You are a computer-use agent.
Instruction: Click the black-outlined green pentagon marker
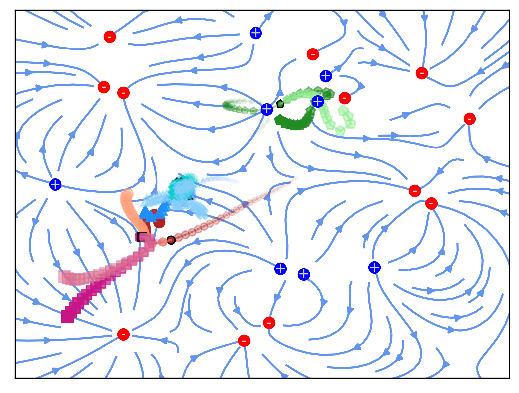click(280, 104)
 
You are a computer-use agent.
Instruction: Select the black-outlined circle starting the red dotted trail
click(171, 240)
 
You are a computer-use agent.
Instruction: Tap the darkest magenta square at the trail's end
click(68, 316)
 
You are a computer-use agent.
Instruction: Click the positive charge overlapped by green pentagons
click(318, 101)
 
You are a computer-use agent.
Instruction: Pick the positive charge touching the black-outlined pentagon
click(267, 109)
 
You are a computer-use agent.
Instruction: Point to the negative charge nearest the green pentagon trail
click(345, 98)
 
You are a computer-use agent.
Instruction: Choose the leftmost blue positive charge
click(55, 184)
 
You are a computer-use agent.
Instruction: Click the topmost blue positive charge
click(256, 33)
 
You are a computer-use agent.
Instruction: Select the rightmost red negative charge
click(469, 119)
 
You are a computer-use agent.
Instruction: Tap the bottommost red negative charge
click(244, 341)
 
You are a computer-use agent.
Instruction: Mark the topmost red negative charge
click(110, 37)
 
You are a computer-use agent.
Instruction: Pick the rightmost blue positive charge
click(374, 267)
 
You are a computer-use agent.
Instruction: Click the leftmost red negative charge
click(104, 87)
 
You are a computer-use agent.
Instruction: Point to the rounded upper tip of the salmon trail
click(127, 194)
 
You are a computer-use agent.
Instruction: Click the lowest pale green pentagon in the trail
click(340, 131)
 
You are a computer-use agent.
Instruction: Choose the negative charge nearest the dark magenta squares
click(123, 334)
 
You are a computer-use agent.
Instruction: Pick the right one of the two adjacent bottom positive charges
click(304, 274)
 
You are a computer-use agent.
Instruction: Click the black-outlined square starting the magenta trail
click(142, 237)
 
